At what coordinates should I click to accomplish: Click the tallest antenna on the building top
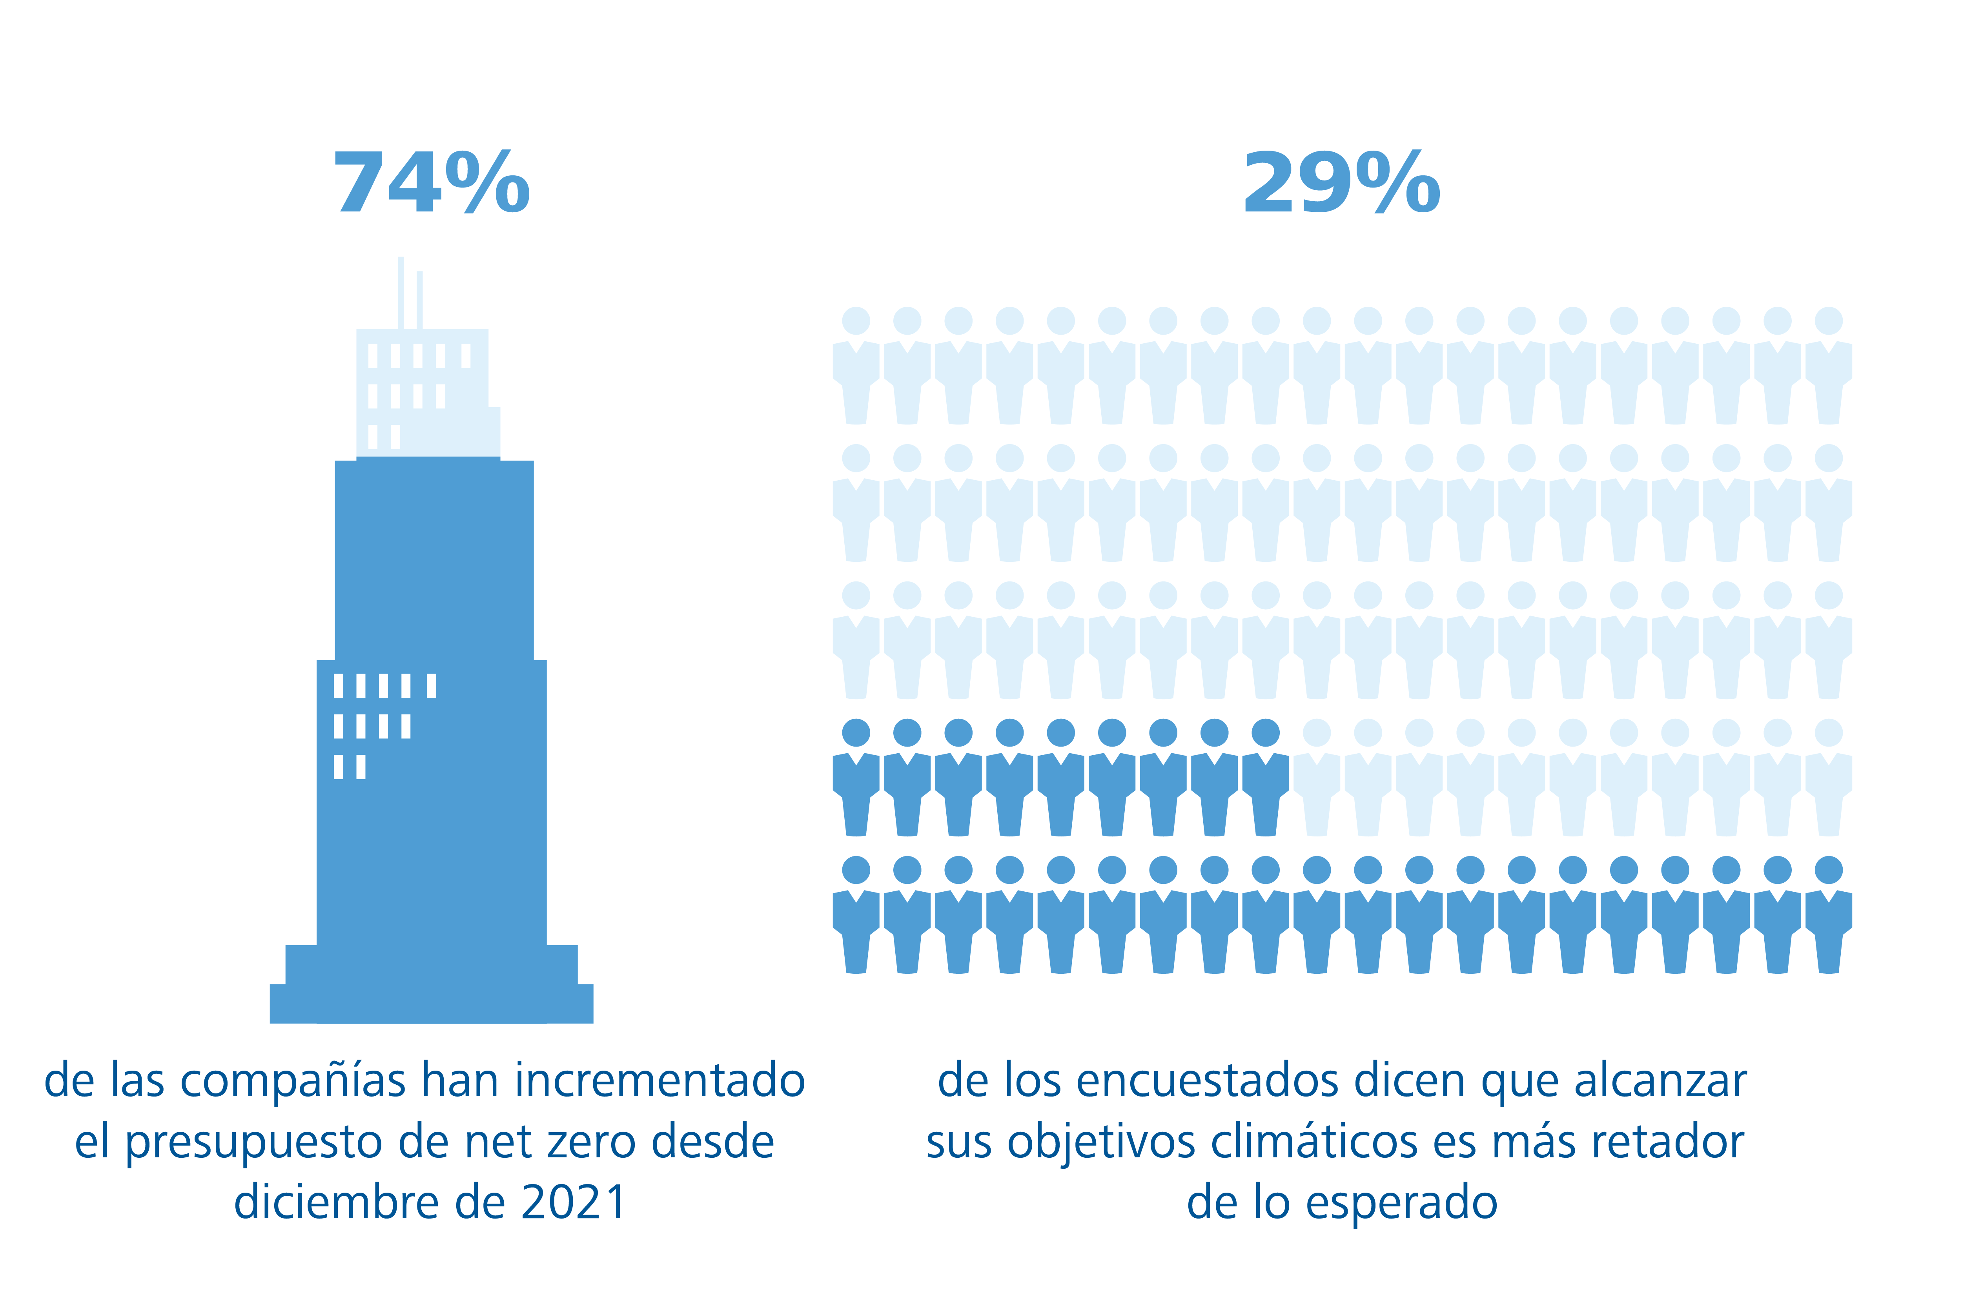(401, 292)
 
